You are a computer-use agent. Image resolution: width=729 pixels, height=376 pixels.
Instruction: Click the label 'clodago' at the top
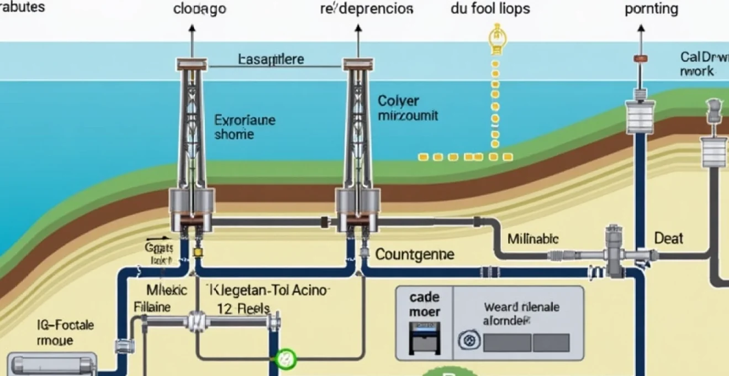199,9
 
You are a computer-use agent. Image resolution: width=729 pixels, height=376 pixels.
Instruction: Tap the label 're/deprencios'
366,9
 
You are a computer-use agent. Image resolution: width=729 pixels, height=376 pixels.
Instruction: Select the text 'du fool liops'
490,9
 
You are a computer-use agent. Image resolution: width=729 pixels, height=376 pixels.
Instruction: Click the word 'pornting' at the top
651,9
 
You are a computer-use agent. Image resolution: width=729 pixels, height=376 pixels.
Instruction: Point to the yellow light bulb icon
496,38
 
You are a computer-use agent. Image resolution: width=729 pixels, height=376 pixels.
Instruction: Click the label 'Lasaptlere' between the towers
271,59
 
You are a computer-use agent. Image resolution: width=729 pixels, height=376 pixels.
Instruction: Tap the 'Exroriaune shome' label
244,127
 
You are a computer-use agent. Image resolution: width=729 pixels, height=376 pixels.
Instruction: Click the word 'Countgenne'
415,254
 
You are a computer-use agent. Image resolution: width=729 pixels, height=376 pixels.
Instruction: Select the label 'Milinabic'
533,239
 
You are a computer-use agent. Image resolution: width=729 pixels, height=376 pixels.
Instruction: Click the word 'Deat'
668,239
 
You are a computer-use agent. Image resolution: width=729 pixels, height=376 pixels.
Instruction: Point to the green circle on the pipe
286,358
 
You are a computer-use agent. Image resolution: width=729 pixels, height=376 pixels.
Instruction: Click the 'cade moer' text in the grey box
425,305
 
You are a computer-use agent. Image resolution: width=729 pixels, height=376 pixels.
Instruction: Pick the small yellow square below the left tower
197,252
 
